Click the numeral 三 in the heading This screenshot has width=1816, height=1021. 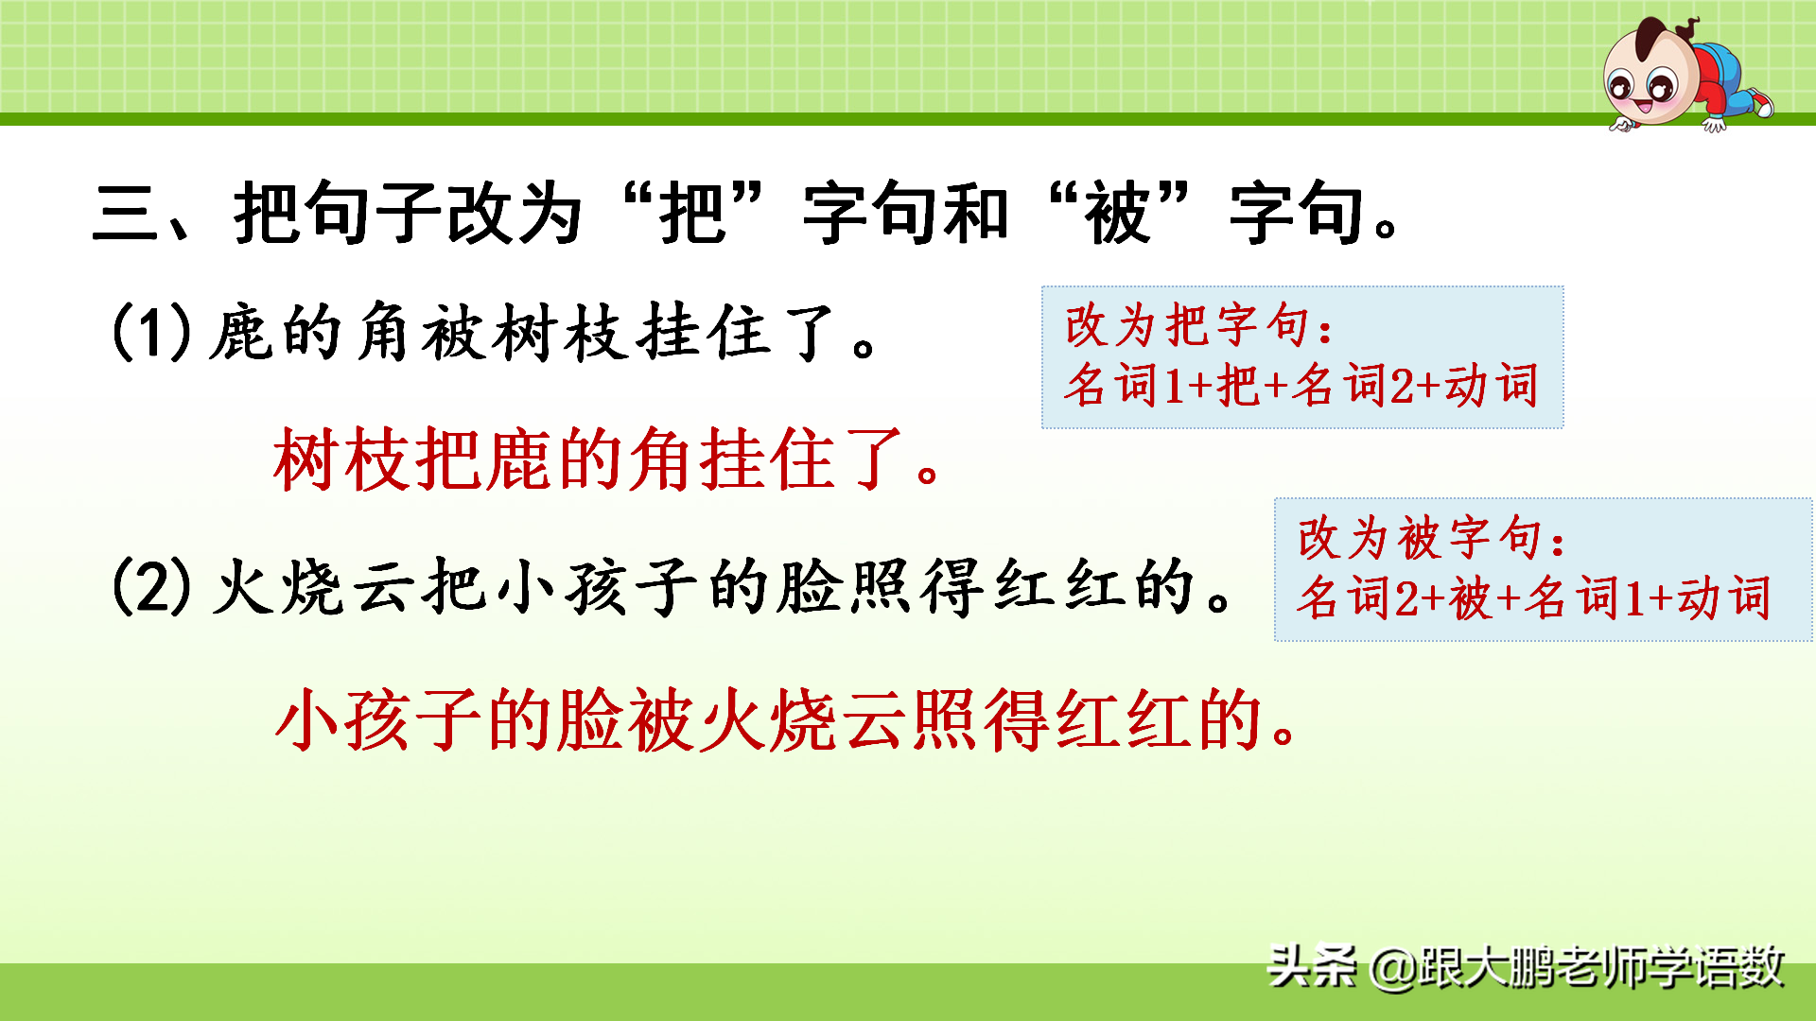tap(126, 214)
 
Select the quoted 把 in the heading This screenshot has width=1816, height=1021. tap(694, 214)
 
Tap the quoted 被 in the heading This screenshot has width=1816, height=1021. tap(1118, 214)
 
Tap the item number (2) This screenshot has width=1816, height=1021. tap(151, 587)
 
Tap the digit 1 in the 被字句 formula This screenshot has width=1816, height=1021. tap(1633, 598)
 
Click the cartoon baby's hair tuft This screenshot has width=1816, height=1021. tap(1682, 26)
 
